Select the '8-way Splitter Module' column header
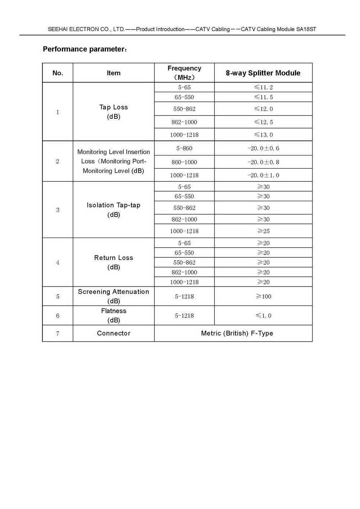(x=263, y=73)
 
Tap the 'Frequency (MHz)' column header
(x=184, y=73)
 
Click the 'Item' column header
(x=113, y=73)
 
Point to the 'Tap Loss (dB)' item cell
(x=113, y=112)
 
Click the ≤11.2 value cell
(x=263, y=87)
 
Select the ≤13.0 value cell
(x=263, y=135)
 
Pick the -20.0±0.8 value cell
(x=263, y=162)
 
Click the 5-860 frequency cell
(x=184, y=148)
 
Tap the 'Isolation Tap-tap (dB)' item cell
(x=113, y=210)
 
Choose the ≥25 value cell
(x=263, y=231)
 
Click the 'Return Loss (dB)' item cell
(x=113, y=262)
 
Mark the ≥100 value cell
(x=263, y=296)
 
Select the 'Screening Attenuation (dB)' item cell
(x=113, y=296)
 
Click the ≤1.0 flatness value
(x=263, y=316)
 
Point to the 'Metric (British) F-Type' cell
(x=237, y=333)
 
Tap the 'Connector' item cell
(x=113, y=333)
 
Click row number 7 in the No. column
(x=58, y=333)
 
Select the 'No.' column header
(x=58, y=73)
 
